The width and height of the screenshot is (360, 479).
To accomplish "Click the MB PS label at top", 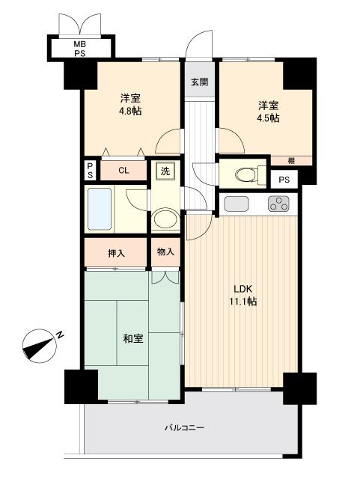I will pos(79,49).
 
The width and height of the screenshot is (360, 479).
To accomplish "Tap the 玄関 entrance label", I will pos(199,83).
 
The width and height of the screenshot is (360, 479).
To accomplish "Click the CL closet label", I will pos(123,171).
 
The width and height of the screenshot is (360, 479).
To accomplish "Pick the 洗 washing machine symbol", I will pos(165,171).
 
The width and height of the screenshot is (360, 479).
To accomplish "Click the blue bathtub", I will pos(100,209).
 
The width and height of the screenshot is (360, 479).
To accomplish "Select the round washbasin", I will pos(164,220).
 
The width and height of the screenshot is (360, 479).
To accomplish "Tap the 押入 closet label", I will pos(116,253).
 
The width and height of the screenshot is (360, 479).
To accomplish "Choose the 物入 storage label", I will pos(165,252).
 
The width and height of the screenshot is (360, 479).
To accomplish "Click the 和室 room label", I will pos(133,339).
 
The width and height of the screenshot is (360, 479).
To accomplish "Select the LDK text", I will pos(244,289).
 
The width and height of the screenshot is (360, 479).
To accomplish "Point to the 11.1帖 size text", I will pos(244,302).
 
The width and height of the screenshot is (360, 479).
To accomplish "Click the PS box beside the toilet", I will pos(284,180).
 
